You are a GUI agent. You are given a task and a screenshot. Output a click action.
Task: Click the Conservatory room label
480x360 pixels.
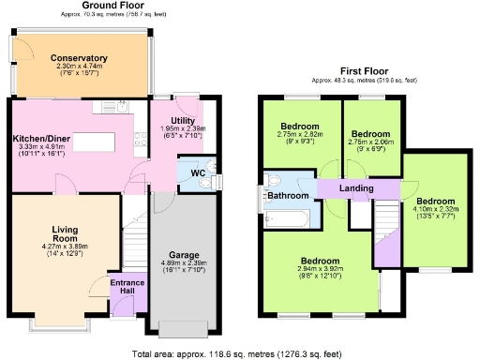click(79, 58)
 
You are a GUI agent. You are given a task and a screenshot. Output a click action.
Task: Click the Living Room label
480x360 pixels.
click(64, 232)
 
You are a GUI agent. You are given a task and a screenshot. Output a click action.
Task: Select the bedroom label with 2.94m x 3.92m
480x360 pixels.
click(320, 262)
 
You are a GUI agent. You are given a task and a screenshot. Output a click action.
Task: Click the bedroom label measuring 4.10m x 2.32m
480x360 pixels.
click(435, 202)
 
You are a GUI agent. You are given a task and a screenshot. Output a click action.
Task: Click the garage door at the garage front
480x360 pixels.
click(181, 328)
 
